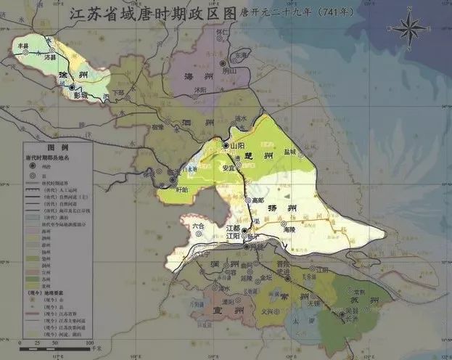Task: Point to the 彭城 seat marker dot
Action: coord(72,87)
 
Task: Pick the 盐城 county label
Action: coord(291,152)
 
